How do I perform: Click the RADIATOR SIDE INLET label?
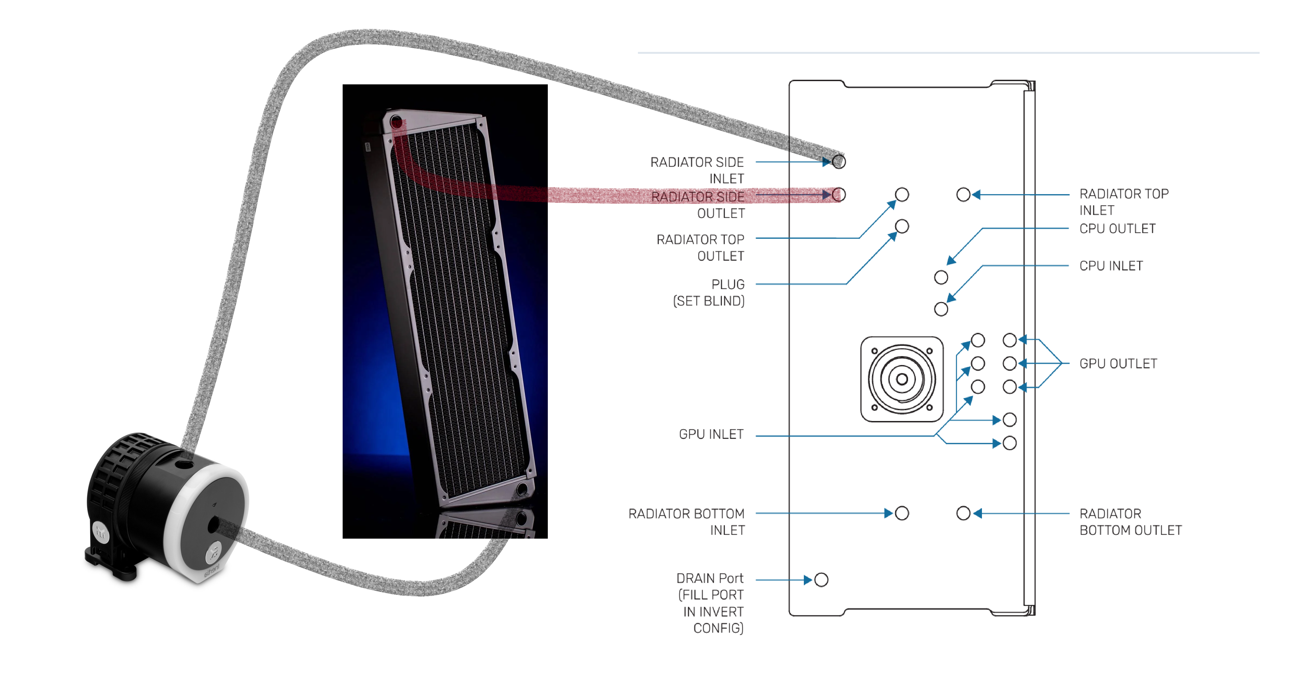click(697, 170)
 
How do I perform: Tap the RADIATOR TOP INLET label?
click(1124, 202)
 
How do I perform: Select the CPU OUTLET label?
click(1117, 229)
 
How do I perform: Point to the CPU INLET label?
click(1111, 266)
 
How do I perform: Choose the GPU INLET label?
click(711, 435)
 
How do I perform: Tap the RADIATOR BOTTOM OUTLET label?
click(1130, 522)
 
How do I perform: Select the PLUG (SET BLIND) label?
click(709, 293)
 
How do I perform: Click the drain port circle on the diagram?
click(821, 580)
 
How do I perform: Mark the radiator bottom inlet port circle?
click(902, 513)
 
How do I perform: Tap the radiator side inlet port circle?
click(839, 162)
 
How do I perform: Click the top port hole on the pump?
click(184, 465)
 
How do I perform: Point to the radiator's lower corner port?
click(522, 489)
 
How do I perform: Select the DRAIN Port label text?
click(709, 579)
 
